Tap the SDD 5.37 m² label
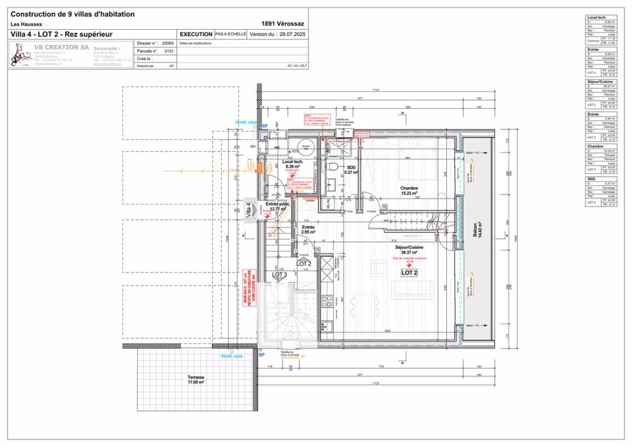coord(351,169)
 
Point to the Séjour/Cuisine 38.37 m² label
coord(409,250)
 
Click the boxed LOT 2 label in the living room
coord(409,272)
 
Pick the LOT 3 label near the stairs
coord(279,275)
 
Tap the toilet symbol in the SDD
coord(332,167)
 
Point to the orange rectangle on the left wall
coord(258,166)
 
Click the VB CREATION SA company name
coord(61,47)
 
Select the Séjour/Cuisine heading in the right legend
coord(600,82)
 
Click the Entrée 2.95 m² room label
coord(308,230)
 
